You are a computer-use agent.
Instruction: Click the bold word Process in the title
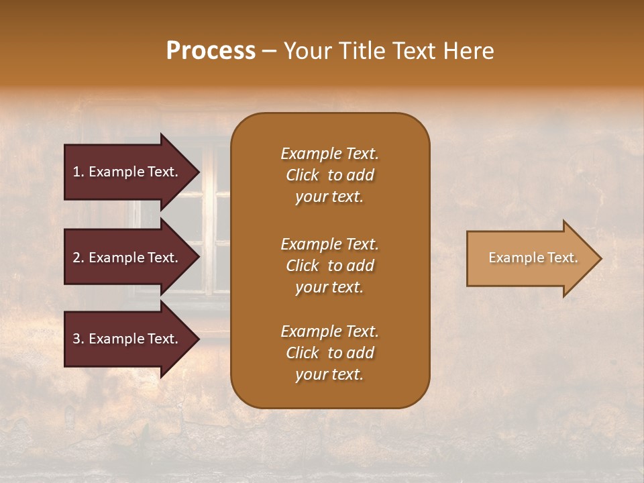pos(211,51)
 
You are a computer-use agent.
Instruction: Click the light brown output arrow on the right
pos(530,258)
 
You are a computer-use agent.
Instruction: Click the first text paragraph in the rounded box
pos(329,175)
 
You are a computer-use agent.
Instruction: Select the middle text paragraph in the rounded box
pos(329,265)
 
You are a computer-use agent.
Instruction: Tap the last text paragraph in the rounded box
pos(329,353)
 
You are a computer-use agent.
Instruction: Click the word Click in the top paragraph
pos(303,175)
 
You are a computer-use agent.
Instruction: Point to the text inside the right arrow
pos(533,258)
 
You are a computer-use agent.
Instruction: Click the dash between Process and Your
pos(269,52)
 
